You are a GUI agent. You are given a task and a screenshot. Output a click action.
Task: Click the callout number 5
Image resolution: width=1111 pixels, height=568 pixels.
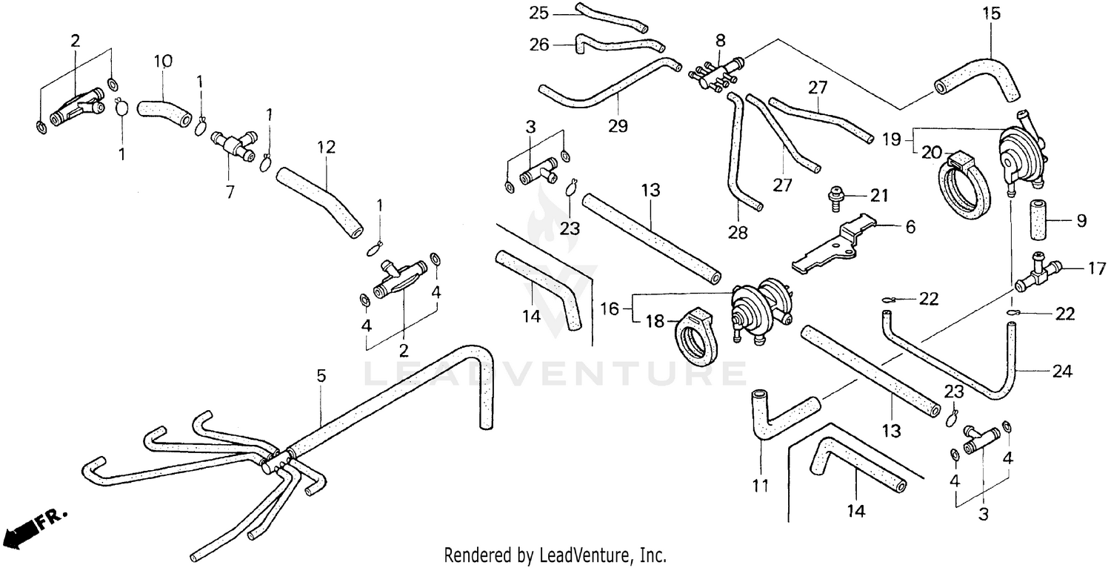pos(321,376)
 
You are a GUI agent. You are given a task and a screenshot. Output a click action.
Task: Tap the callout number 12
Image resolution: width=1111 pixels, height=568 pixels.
pos(327,147)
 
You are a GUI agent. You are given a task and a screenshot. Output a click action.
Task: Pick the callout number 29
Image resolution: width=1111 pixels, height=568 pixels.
pos(618,125)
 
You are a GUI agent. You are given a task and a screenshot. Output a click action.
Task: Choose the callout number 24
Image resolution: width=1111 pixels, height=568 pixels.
pos(1061,371)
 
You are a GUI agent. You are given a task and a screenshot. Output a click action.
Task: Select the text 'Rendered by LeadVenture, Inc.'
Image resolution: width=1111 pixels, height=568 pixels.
pos(555,555)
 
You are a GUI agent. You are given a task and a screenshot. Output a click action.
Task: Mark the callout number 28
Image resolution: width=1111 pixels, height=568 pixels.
pos(738,233)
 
